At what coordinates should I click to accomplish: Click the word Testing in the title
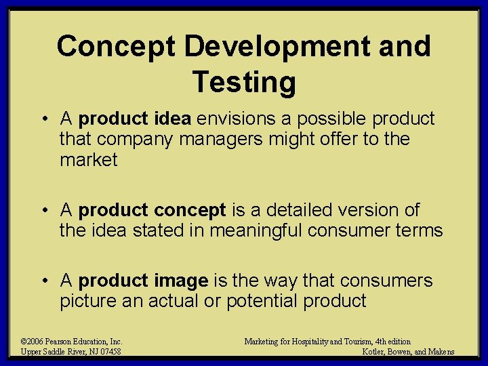(244, 83)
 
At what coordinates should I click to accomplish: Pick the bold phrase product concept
(152, 210)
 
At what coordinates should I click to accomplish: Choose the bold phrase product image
(143, 281)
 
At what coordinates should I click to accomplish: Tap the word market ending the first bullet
(89, 161)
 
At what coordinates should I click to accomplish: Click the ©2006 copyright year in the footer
(33, 342)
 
